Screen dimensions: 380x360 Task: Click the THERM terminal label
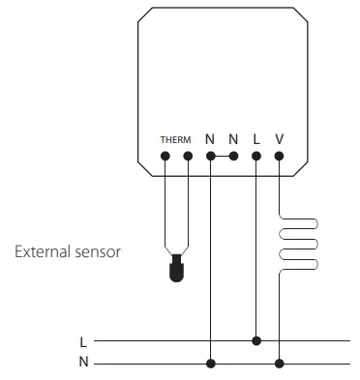(x=175, y=139)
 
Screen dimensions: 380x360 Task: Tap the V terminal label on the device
(x=280, y=138)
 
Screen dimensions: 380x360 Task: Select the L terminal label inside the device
(x=256, y=138)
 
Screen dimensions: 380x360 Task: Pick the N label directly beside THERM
(x=210, y=138)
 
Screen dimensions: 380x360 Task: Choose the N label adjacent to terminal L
(x=233, y=138)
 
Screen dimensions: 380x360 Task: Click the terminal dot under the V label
(x=280, y=156)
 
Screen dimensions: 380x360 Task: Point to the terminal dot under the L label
(x=256, y=156)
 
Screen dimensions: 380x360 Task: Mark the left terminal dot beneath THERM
(x=165, y=156)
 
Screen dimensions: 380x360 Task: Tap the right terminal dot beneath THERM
(x=187, y=156)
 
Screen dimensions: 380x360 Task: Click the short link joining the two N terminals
(x=222, y=156)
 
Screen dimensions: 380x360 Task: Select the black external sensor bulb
(x=175, y=270)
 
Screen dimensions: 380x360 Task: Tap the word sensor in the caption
(x=101, y=251)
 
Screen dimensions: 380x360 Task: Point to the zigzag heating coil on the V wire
(x=300, y=241)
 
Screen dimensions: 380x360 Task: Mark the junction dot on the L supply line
(x=256, y=340)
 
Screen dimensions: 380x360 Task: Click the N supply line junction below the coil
(x=280, y=363)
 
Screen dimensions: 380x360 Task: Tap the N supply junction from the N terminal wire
(x=210, y=363)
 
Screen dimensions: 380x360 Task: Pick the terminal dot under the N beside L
(x=233, y=156)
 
